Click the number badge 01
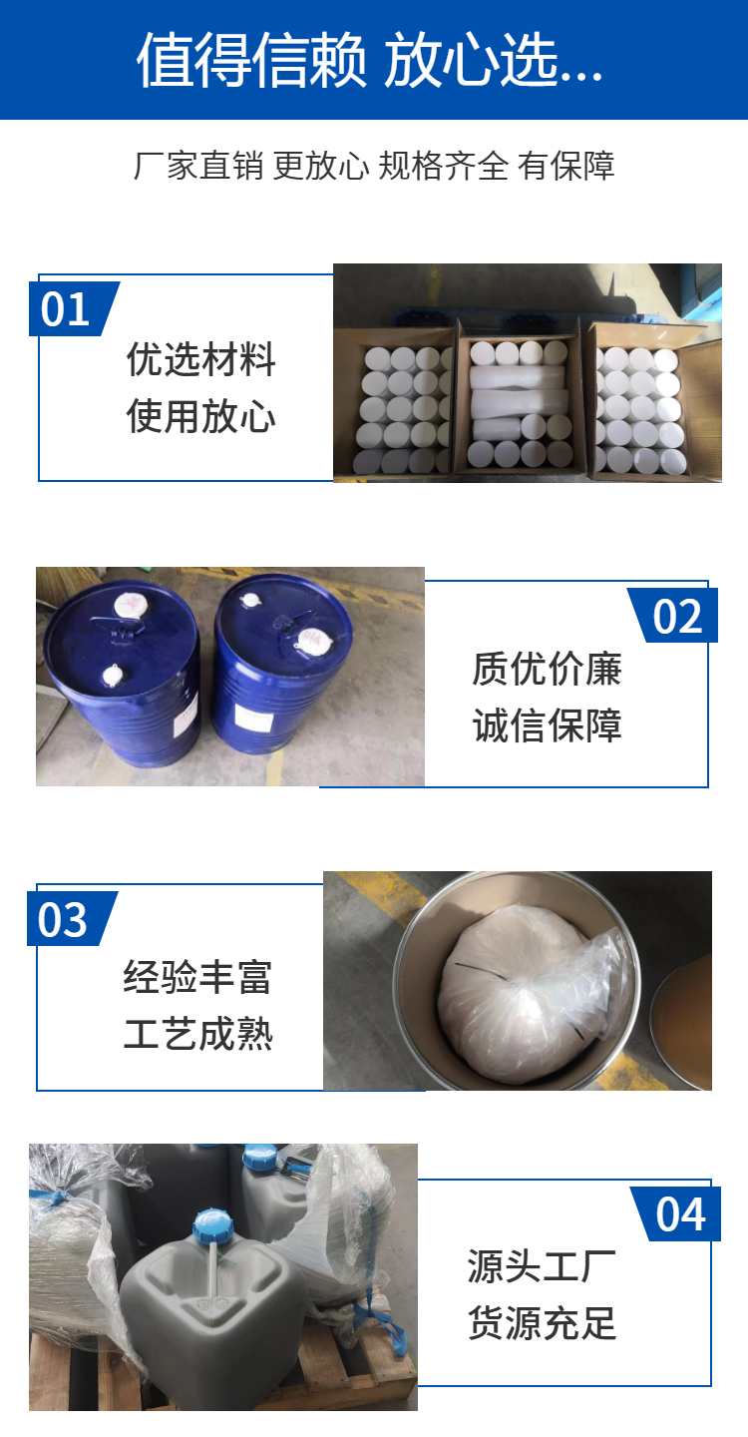pos(73,308)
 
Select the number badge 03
pos(71,919)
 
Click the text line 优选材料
pos(200,359)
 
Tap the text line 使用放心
pos(200,416)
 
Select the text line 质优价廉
pos(547,669)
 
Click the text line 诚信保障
pos(547,725)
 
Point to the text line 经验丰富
pos(197,977)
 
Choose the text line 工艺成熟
pos(197,1034)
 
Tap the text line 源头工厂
pos(542,1266)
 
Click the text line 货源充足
pos(542,1323)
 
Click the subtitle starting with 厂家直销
pos(374,166)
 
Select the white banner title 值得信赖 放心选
pos(370,60)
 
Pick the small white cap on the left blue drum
pos(112,676)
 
